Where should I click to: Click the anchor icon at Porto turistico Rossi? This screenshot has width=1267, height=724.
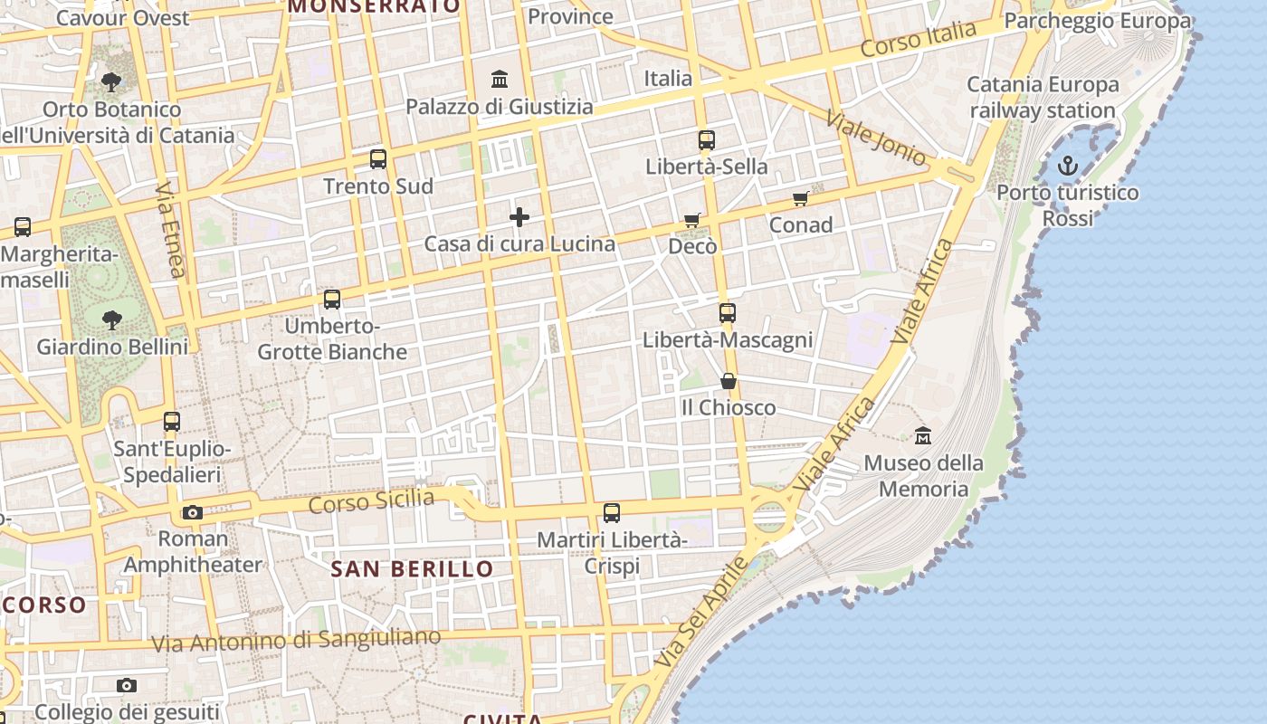pos(1068,166)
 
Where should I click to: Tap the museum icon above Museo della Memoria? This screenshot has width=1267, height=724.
pos(923,435)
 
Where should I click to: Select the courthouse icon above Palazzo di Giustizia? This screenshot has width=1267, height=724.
pos(500,80)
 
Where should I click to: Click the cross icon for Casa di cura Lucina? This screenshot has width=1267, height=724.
pos(519,217)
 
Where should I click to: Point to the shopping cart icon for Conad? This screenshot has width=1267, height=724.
pos(800,198)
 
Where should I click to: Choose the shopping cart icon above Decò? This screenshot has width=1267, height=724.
pos(692,220)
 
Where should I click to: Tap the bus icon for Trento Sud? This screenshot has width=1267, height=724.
pos(378,159)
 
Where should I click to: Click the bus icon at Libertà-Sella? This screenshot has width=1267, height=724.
pos(707,140)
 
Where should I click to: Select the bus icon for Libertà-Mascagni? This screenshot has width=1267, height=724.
pos(728,313)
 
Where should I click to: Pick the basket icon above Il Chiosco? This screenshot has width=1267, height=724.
pos(728,381)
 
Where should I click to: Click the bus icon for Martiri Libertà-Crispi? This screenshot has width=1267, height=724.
pos(612,513)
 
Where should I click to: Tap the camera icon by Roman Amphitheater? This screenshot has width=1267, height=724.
pos(192,513)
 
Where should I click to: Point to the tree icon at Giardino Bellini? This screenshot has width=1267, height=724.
pos(112,319)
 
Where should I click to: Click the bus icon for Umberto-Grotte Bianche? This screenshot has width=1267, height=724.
pos(332,299)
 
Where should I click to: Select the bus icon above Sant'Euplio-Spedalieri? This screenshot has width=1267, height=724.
pos(172,422)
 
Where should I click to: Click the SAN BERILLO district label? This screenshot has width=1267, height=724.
pos(412,569)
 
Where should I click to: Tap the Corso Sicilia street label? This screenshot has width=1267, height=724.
pos(371,500)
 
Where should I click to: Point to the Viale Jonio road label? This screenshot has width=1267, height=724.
pos(875,138)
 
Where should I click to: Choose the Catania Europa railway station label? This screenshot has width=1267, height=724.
pos(1043,98)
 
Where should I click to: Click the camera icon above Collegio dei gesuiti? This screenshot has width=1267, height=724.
pos(127,685)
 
